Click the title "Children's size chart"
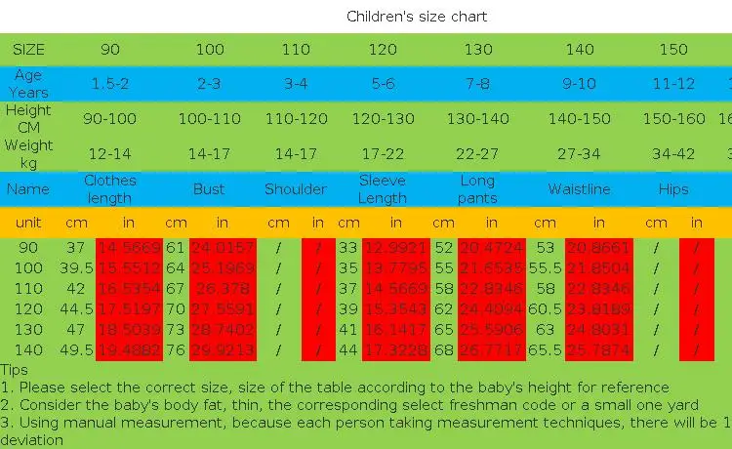(417, 17)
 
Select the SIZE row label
(28, 49)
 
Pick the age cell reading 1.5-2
(110, 84)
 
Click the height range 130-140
(477, 119)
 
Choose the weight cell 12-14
(109, 154)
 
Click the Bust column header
(209, 189)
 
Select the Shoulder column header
(296, 189)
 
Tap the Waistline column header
(579, 189)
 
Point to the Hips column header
(673, 189)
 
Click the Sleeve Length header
(383, 189)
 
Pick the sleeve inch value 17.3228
(395, 350)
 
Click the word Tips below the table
(15, 370)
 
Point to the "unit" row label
(28, 223)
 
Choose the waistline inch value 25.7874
(597, 350)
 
